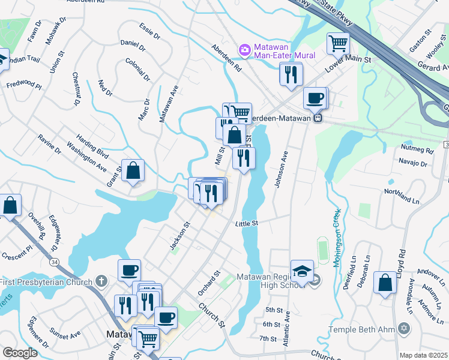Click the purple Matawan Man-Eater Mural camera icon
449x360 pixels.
[x=244, y=49]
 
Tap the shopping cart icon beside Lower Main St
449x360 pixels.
[x=338, y=43]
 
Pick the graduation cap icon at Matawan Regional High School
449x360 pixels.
[x=302, y=269]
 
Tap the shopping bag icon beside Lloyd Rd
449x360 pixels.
[x=384, y=282]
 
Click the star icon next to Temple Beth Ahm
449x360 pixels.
[x=403, y=329]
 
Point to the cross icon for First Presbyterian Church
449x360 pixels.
[x=101, y=281]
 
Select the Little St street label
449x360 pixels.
[x=246, y=223]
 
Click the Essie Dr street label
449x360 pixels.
[x=149, y=32]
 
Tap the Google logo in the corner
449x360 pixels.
[x=20, y=353]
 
